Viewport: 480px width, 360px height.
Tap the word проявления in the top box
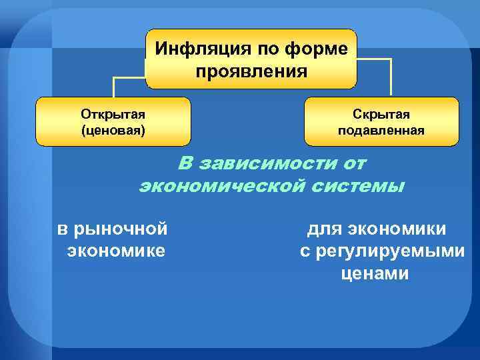click(251, 71)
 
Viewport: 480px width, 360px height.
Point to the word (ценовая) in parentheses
click(113, 129)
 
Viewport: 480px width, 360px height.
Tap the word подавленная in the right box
click(381, 129)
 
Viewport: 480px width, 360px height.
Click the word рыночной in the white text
click(122, 229)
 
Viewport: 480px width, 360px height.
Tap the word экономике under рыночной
click(116, 251)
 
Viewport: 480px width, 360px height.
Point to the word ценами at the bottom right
click(374, 273)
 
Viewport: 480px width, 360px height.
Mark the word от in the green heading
click(354, 163)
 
